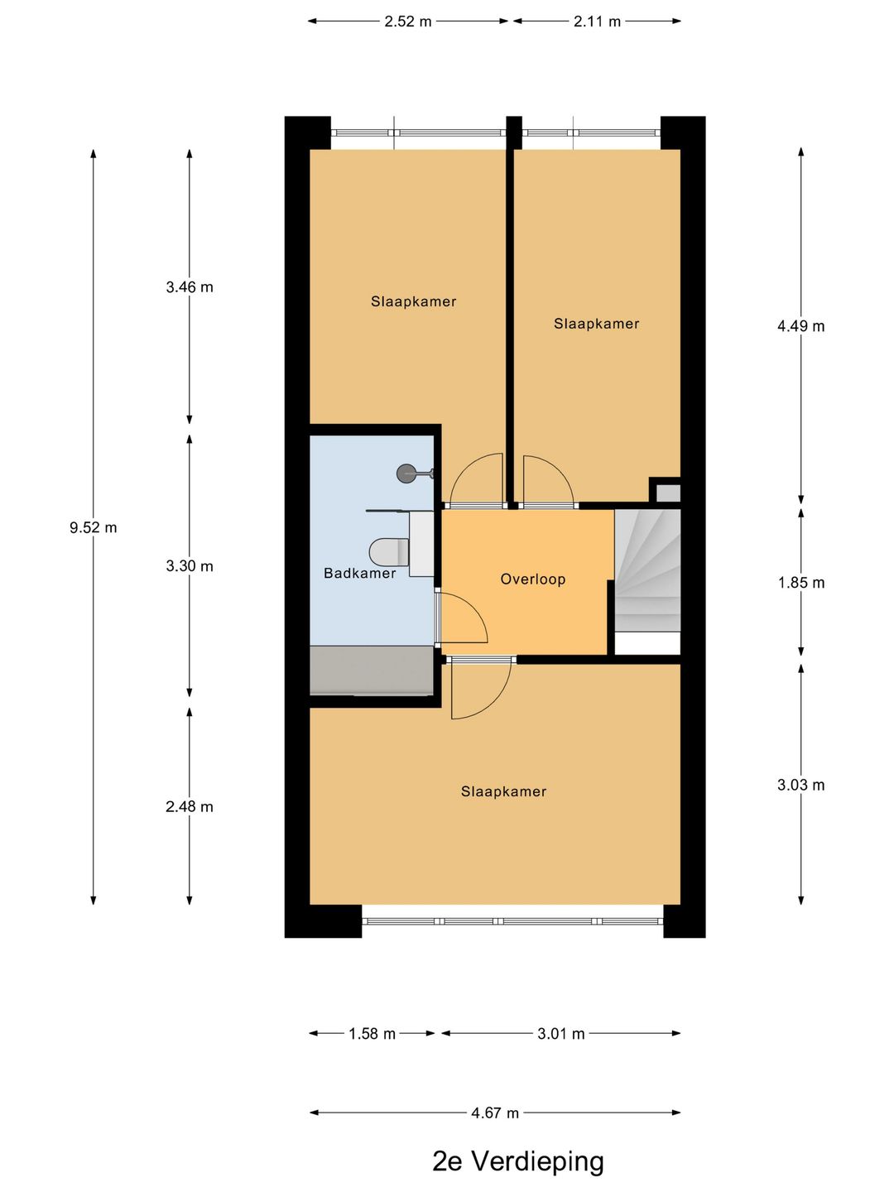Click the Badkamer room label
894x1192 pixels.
[x=359, y=573]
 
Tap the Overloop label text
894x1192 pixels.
[x=532, y=579]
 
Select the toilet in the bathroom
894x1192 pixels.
[x=389, y=552]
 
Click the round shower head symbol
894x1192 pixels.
[x=405, y=473]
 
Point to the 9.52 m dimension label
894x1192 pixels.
[x=93, y=527]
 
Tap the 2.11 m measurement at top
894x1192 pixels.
[x=597, y=22]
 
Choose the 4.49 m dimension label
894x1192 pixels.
[x=800, y=326]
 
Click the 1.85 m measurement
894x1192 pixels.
[x=800, y=583]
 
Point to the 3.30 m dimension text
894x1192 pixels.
[x=190, y=566]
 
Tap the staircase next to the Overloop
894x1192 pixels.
[x=647, y=570]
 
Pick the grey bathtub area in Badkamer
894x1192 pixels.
[x=372, y=670]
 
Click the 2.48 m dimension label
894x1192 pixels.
[x=190, y=806]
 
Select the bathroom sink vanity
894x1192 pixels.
[x=421, y=544]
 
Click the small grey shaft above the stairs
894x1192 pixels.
[x=668, y=493]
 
